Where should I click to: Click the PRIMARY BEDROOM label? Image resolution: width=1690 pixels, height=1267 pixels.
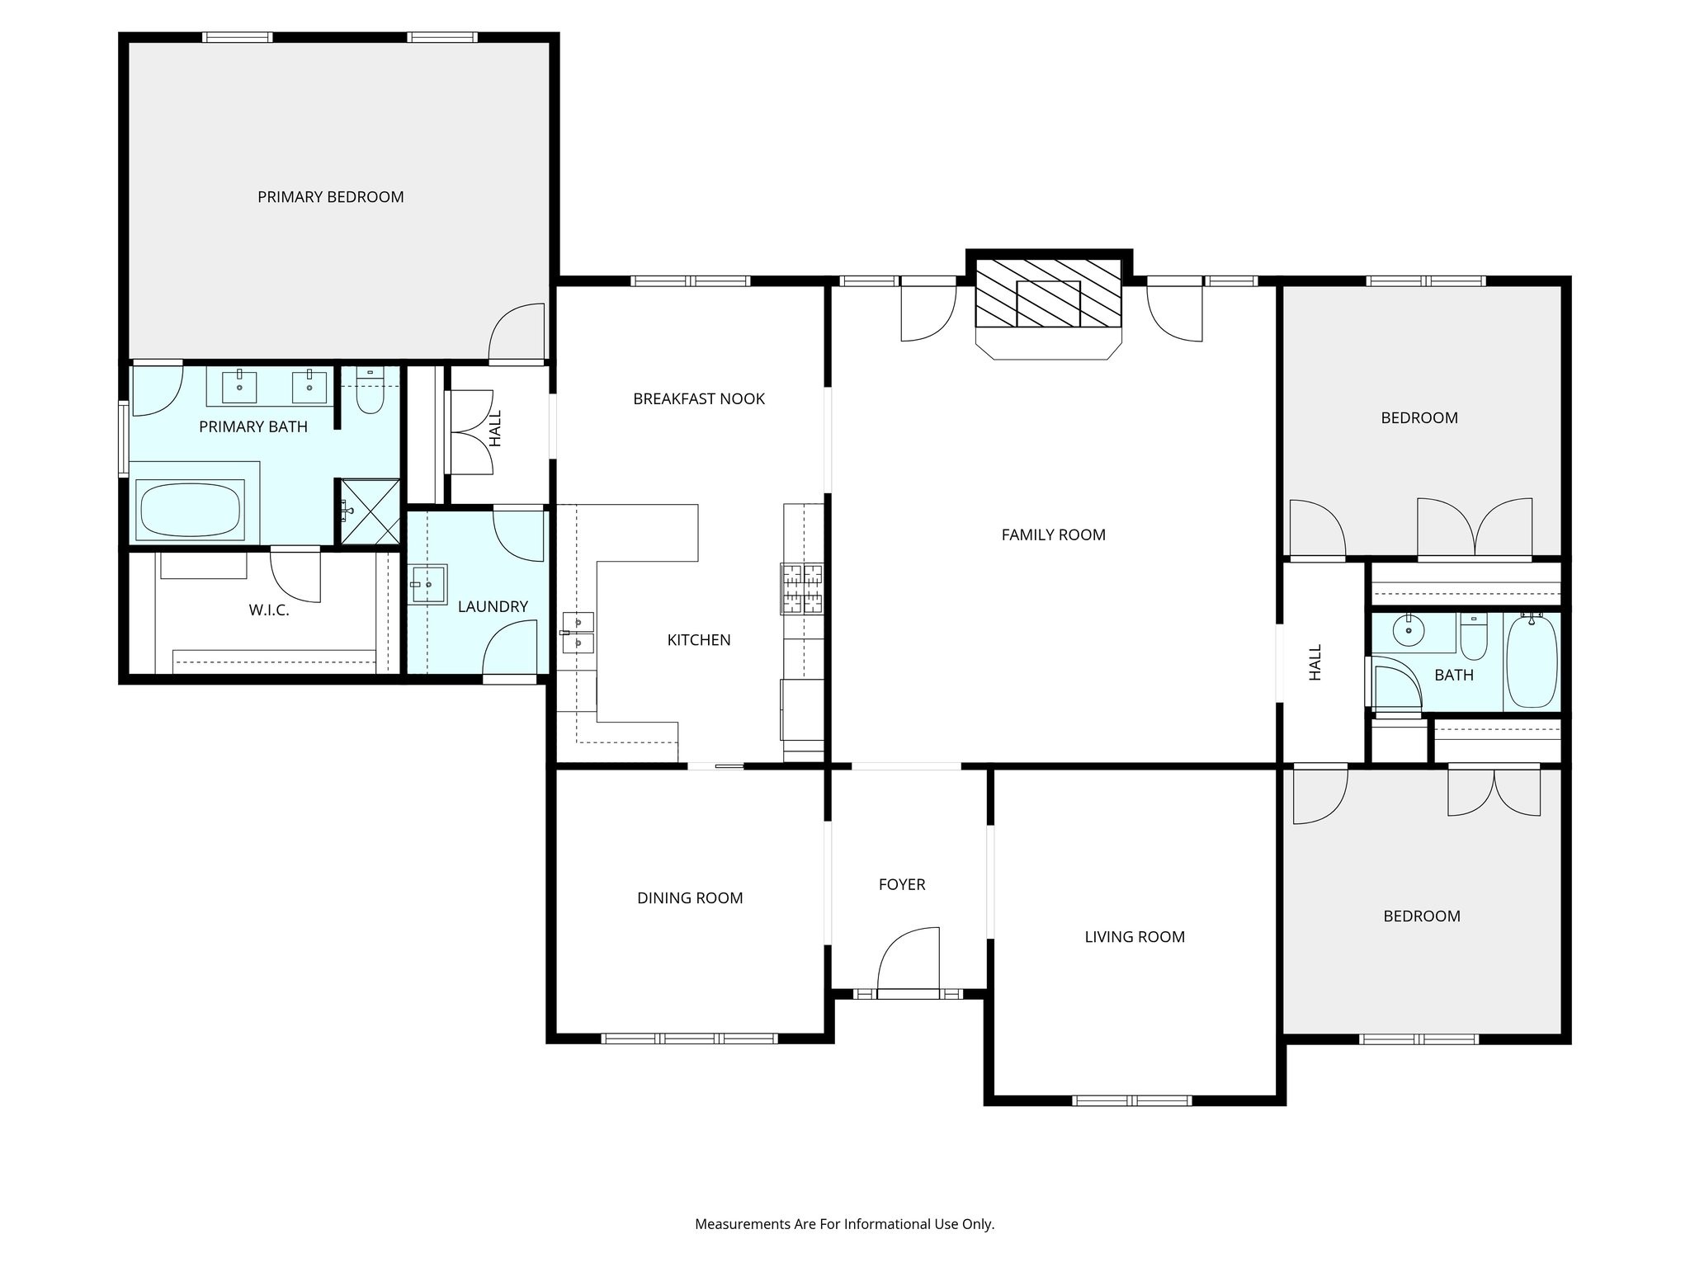[x=330, y=197]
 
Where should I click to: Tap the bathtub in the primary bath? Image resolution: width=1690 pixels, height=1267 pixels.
[x=191, y=510]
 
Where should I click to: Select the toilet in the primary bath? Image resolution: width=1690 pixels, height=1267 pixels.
[x=370, y=395]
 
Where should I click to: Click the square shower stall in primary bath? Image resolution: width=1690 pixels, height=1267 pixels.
[x=370, y=511]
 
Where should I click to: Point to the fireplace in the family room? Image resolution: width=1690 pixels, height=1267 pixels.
[x=1048, y=294]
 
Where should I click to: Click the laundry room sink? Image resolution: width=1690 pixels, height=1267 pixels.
[x=427, y=585]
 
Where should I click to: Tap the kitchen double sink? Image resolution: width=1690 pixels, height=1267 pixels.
[x=578, y=633]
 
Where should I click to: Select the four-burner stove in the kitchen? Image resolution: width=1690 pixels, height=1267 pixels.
[x=802, y=588]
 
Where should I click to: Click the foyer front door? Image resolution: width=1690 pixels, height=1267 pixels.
[x=909, y=961]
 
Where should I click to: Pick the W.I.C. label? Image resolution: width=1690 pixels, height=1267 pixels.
[x=269, y=611]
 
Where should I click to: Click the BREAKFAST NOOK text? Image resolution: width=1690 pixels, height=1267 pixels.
[x=699, y=399]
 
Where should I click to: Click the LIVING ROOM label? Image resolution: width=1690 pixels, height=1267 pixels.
[x=1135, y=937]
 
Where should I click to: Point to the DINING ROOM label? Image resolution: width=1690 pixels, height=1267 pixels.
[x=690, y=898]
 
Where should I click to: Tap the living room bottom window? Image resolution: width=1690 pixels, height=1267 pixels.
[x=1131, y=1100]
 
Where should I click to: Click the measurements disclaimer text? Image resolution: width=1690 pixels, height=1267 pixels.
[x=844, y=1224]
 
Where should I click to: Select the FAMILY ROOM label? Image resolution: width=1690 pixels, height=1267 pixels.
[x=1053, y=535]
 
